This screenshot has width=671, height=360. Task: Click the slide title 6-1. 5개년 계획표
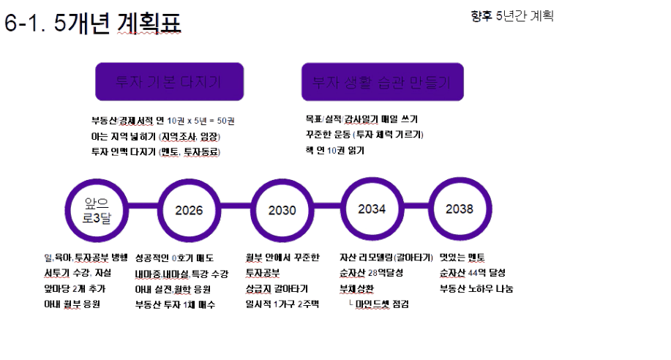(x=93, y=23)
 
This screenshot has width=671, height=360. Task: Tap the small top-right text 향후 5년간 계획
(x=512, y=15)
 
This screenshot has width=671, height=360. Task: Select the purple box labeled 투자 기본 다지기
(x=169, y=81)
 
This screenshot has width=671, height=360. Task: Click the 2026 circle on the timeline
(x=189, y=210)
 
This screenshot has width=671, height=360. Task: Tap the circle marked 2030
(x=282, y=210)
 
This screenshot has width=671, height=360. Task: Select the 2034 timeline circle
(x=372, y=209)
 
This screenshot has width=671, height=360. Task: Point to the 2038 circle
(x=460, y=209)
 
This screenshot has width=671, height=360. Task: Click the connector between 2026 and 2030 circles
(x=235, y=211)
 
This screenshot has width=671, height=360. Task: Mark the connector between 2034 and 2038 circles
(x=416, y=210)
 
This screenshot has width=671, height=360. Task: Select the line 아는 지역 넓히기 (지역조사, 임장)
(x=155, y=136)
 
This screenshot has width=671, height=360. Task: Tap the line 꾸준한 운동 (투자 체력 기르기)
(x=364, y=135)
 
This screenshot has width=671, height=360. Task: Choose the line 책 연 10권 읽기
(x=334, y=151)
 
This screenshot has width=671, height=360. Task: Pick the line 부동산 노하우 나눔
(x=476, y=288)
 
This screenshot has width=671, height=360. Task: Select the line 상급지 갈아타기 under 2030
(x=277, y=288)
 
